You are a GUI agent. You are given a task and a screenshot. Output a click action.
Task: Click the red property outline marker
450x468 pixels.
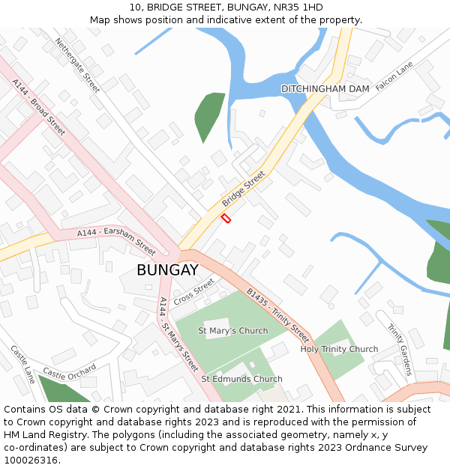coord(226,218)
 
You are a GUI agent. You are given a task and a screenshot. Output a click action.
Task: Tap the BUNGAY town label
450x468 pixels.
coord(167,270)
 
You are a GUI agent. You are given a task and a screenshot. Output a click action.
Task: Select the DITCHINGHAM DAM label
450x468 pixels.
coord(325,89)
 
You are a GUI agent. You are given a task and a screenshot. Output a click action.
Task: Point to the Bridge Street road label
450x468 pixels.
coord(244,189)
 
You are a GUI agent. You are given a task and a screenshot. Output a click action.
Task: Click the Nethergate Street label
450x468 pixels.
coord(77,65)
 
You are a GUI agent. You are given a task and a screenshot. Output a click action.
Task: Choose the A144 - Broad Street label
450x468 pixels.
coord(39,107)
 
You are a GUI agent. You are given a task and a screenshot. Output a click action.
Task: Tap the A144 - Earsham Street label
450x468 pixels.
coord(116,240)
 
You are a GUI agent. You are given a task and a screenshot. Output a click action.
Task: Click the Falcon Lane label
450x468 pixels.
coord(394,76)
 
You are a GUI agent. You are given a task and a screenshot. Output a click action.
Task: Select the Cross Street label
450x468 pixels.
coord(194,291)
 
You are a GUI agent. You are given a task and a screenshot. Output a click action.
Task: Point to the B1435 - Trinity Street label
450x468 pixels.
coord(277,314)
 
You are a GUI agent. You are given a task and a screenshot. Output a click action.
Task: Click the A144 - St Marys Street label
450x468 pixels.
coord(178,335)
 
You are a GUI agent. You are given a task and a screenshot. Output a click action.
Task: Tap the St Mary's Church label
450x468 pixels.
coord(232,331)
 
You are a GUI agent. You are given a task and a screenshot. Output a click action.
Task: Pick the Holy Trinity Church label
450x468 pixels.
coord(339,350)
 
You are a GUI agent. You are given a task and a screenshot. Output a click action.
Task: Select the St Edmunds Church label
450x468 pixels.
coord(241,379)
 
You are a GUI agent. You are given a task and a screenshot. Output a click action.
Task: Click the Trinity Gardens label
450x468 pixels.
coord(400,349)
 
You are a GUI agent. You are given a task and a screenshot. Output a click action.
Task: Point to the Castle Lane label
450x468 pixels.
coord(23,365)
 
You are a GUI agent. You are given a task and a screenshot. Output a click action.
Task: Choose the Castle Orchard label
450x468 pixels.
coord(69,372)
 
